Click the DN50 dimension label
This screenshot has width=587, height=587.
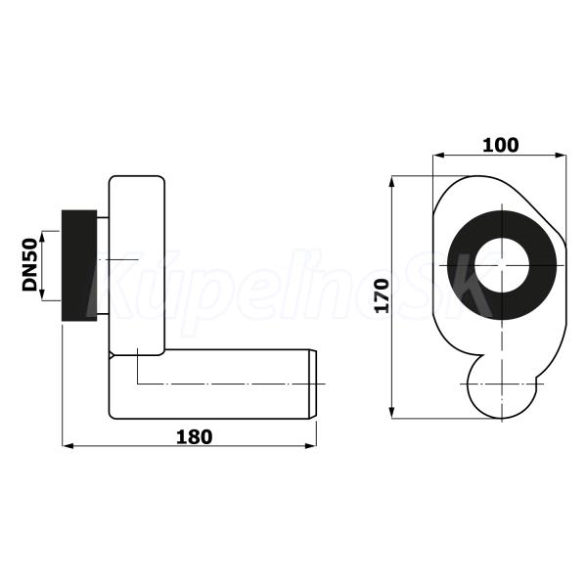[x=30, y=265]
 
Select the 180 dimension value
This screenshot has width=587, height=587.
[x=194, y=437]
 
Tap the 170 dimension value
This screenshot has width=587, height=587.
[x=383, y=295]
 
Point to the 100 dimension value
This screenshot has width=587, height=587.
[x=501, y=145]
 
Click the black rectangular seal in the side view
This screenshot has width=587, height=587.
[x=79, y=265]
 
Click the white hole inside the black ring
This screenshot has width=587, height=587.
[x=502, y=265]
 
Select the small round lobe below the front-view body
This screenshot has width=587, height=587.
[x=502, y=389]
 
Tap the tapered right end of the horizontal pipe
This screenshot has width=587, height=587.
[x=313, y=384]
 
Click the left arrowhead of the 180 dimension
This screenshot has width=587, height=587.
[x=68, y=446]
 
